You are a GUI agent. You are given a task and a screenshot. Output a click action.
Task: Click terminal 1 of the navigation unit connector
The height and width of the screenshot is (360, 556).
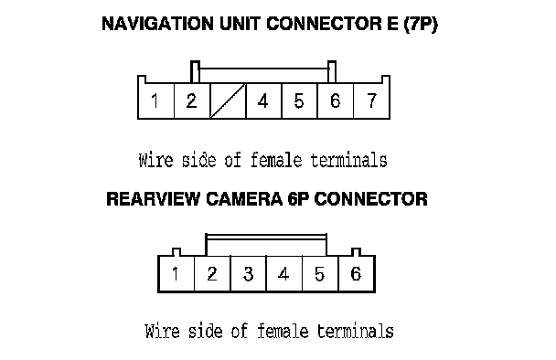(156, 101)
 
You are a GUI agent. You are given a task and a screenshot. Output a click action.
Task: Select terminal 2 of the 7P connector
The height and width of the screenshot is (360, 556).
(192, 101)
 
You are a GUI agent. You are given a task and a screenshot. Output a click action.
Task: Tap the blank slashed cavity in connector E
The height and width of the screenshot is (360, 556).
(228, 101)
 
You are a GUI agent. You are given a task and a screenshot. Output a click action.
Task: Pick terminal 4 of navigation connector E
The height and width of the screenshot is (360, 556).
(263, 101)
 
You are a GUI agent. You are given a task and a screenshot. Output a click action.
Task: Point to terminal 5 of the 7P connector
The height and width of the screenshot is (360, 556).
(300, 101)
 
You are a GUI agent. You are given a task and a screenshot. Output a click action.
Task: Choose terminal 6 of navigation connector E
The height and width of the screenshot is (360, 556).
(336, 101)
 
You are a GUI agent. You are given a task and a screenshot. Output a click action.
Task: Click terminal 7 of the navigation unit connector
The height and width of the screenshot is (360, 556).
(371, 101)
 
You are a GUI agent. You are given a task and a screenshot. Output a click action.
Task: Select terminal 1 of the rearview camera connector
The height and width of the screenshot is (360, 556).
(176, 273)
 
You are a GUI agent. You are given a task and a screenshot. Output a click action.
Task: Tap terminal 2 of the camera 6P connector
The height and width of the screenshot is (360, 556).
(212, 273)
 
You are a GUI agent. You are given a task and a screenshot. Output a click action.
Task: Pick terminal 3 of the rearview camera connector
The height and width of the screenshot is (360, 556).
(248, 273)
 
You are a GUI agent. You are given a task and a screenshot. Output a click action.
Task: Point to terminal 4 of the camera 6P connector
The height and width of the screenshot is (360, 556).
(284, 273)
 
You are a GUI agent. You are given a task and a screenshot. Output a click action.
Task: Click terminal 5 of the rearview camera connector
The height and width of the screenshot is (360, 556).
(321, 273)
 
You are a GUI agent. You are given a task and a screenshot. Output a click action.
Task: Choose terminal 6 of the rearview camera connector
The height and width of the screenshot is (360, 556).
(357, 273)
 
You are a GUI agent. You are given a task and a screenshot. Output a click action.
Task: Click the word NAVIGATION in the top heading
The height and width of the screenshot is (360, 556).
(157, 24)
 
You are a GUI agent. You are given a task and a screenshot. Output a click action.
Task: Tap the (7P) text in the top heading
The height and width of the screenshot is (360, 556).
(421, 25)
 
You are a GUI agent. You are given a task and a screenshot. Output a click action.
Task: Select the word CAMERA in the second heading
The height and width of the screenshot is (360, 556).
(244, 199)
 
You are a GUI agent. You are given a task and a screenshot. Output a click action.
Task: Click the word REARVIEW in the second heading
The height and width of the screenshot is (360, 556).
(154, 199)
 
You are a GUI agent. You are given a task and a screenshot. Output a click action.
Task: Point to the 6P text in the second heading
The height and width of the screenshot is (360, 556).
(298, 199)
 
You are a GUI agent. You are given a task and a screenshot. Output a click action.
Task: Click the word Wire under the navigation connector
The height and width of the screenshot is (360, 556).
(156, 160)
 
